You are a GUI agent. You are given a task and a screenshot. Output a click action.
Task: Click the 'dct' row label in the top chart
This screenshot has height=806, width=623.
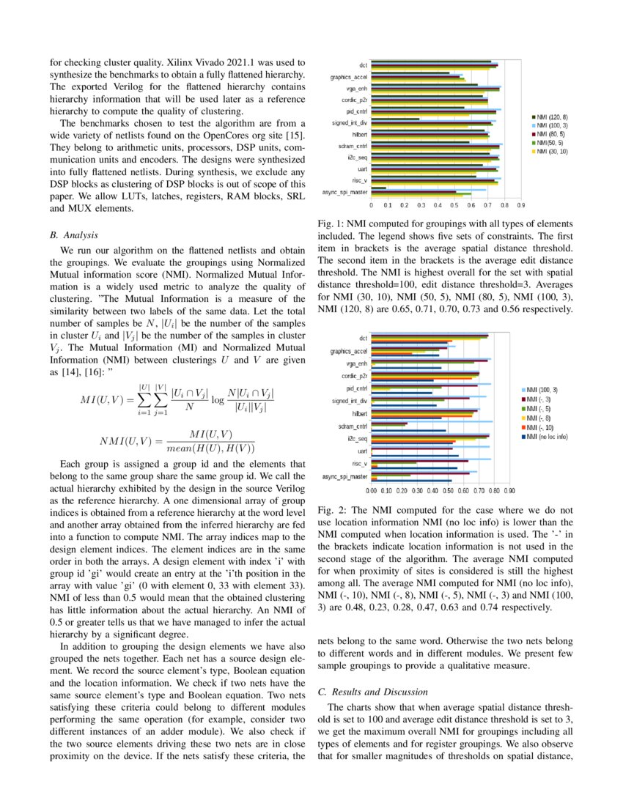[363, 64]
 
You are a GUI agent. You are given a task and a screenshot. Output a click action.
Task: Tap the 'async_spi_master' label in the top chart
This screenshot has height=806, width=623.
[344, 192]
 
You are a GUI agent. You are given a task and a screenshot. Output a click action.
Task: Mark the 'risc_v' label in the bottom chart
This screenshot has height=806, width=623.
[359, 463]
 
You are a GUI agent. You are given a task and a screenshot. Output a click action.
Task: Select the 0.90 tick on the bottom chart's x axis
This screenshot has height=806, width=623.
[509, 492]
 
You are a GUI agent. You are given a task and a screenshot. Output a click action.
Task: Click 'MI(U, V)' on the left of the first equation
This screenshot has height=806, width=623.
[103, 400]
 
